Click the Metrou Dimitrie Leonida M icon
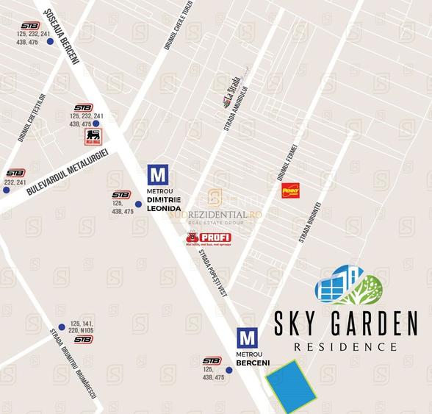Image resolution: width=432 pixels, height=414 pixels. click(x=158, y=175)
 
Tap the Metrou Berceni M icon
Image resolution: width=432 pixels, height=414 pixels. click(x=248, y=338)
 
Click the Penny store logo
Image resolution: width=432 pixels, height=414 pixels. click(x=291, y=190)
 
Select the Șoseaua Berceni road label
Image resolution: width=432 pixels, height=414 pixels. click(x=61, y=37)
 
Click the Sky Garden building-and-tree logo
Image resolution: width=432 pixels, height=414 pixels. click(x=348, y=286)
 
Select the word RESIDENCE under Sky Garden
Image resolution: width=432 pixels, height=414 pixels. click(x=345, y=346)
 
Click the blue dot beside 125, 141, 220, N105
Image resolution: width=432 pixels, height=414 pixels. click(x=62, y=328)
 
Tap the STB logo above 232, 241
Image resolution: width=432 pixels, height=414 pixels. click(x=15, y=173)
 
